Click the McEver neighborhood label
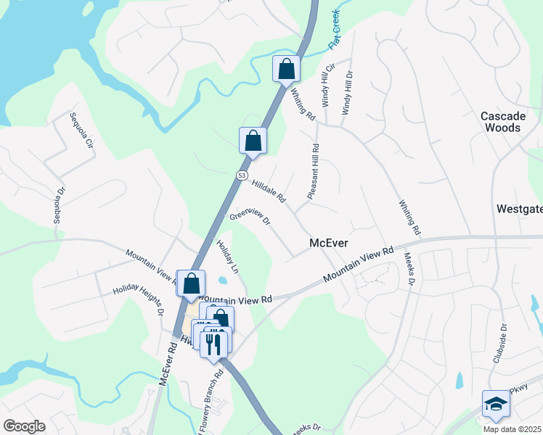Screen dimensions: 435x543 (x=330, y=244)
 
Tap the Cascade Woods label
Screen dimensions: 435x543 (x=501, y=122)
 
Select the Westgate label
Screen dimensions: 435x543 (x=519, y=209)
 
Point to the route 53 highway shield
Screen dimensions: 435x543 (x=242, y=175)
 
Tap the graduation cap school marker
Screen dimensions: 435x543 (x=496, y=405)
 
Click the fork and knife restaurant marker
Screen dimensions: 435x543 (x=214, y=343)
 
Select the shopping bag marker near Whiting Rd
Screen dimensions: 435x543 (x=287, y=70)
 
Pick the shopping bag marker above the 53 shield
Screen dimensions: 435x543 (x=253, y=141)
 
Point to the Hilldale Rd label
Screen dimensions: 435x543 (x=269, y=191)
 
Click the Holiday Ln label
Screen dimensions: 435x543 (x=228, y=257)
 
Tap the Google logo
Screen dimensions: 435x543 (x=24, y=426)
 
